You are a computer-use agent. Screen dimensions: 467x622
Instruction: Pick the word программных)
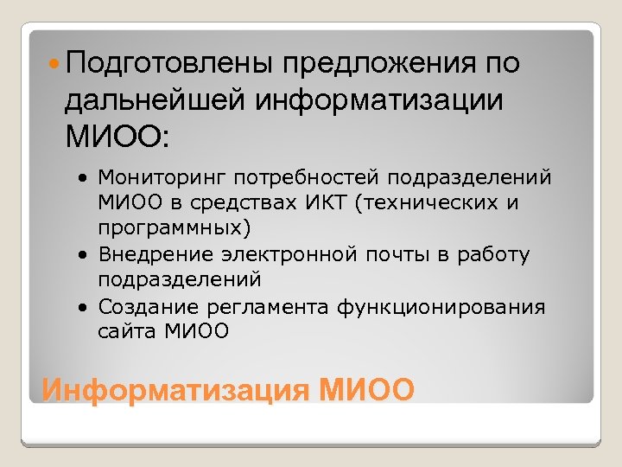(x=174, y=228)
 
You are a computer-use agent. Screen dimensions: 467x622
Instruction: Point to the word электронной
(x=281, y=255)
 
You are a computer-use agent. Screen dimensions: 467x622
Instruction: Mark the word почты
(x=379, y=255)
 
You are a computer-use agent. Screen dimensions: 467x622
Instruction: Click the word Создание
(x=149, y=307)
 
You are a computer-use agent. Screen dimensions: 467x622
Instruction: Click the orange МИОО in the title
(x=366, y=390)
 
